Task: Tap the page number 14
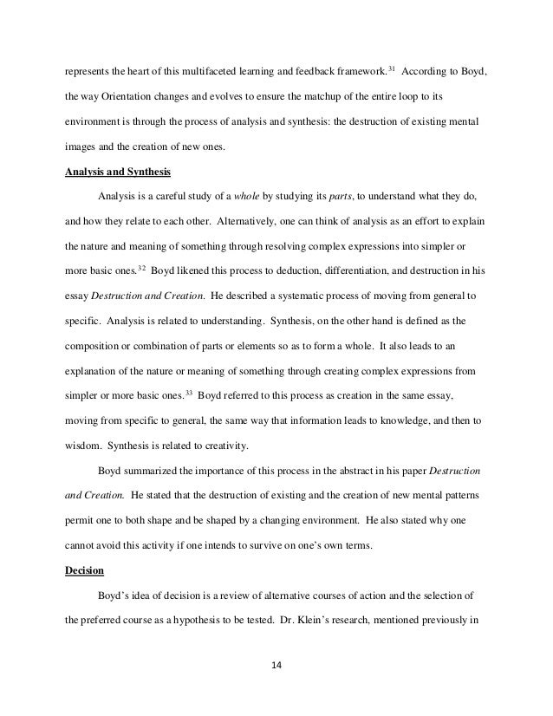click(x=276, y=667)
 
